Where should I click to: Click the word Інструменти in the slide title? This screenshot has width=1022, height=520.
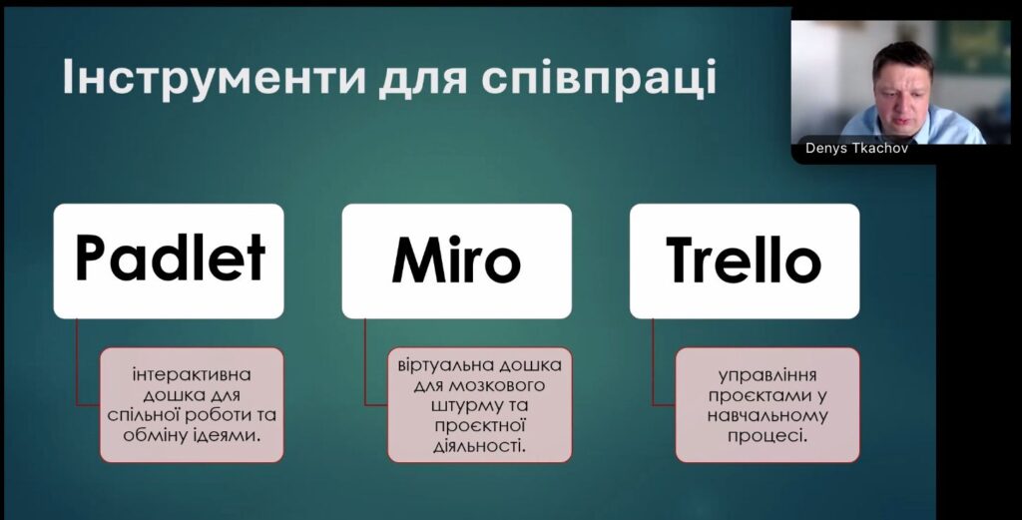214,78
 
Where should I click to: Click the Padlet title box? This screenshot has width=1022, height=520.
169,260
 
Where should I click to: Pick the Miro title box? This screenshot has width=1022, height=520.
457,260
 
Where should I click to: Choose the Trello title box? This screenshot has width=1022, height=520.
745,260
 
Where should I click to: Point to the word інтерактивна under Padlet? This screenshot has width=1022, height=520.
192,375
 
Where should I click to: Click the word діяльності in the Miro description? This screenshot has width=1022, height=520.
479,446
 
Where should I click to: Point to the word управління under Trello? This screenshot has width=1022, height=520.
767,376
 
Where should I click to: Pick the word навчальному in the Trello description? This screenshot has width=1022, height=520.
767,416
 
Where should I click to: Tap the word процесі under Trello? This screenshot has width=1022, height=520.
767,436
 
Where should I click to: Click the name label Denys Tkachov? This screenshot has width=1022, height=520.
856,148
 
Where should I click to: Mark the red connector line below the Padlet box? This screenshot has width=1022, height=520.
77,362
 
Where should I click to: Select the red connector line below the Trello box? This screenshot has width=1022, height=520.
653,362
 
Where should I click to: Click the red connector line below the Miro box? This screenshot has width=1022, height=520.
365,362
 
